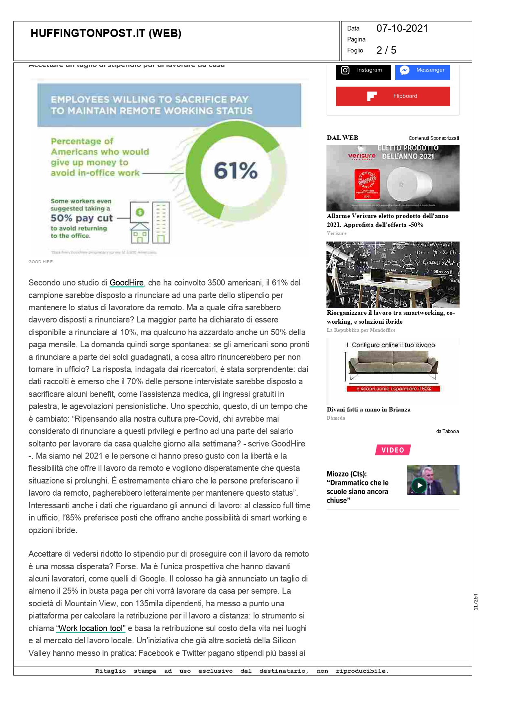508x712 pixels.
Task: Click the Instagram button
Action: click(x=363, y=71)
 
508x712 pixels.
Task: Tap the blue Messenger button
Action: click(x=423, y=71)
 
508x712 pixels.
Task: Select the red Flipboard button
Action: click(x=393, y=96)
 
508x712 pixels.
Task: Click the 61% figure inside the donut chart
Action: click(x=236, y=170)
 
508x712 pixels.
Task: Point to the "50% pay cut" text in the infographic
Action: click(x=82, y=218)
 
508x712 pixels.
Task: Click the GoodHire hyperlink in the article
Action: click(x=127, y=283)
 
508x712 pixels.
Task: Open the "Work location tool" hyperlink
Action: click(x=91, y=628)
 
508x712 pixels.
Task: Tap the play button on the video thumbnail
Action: click(x=419, y=485)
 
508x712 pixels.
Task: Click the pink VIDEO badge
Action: click(x=393, y=450)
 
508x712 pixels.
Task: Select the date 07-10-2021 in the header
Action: click(x=402, y=28)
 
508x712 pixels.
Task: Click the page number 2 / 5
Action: click(x=386, y=50)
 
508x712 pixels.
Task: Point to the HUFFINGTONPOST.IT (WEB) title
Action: click(x=106, y=33)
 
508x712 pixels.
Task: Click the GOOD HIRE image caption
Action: click(x=41, y=262)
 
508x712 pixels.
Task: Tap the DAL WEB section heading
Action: click(x=342, y=138)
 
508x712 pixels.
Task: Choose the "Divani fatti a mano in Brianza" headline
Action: click(x=368, y=409)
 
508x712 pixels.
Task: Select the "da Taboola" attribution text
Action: click(x=447, y=431)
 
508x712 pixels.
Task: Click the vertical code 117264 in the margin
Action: click(x=476, y=602)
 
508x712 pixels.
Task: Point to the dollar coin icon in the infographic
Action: click(x=140, y=212)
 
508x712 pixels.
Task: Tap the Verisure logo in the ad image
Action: click(x=361, y=156)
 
